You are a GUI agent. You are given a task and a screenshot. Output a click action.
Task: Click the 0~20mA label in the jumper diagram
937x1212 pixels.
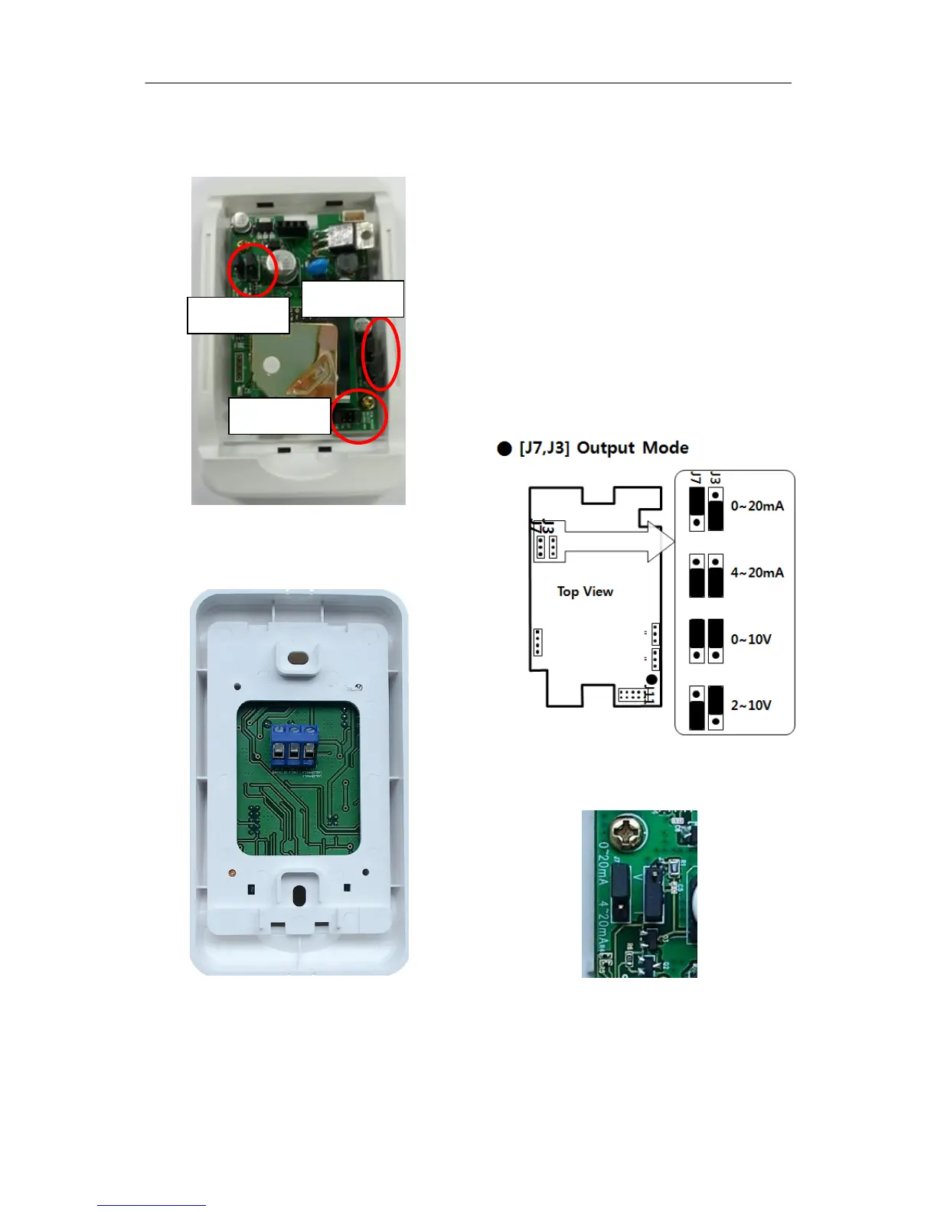point(756,506)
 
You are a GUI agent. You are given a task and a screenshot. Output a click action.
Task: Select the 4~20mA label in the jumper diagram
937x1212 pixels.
point(756,572)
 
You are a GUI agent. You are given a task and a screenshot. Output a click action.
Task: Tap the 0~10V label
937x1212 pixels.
point(750,639)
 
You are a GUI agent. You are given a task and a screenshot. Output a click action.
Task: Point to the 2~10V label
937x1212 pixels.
point(750,705)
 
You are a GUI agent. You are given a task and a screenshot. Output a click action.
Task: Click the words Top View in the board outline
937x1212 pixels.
point(585,591)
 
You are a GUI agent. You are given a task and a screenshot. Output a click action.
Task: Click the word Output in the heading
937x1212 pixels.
point(606,448)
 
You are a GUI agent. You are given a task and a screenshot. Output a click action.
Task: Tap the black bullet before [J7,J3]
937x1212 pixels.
point(504,448)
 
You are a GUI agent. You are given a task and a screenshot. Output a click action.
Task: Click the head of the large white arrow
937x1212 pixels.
point(660,541)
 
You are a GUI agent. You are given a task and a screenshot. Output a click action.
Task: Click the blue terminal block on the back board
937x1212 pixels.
point(294,744)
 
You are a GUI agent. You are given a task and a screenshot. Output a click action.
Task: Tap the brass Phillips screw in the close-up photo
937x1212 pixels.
point(628,832)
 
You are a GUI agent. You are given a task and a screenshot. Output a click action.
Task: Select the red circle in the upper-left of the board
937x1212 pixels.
point(253,269)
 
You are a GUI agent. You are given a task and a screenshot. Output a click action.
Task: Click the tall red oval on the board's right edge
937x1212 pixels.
point(380,353)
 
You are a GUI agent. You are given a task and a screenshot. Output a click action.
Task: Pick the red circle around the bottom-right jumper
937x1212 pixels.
point(360,415)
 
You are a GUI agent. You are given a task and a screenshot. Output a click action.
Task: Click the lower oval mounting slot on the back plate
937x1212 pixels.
point(299,895)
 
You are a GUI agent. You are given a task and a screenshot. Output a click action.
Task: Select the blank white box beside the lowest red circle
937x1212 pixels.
point(279,415)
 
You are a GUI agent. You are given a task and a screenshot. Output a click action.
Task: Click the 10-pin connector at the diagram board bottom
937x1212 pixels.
point(630,695)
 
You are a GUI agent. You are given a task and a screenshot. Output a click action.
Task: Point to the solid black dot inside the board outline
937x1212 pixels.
point(651,679)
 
